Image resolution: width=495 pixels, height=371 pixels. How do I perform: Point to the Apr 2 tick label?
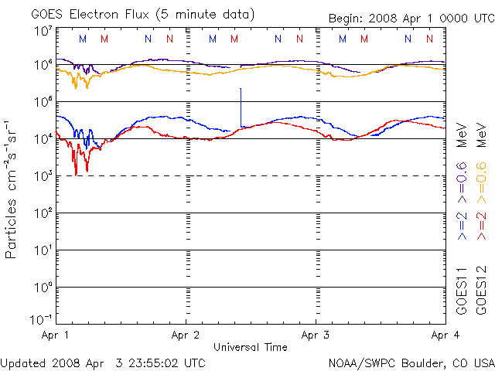click(186, 335)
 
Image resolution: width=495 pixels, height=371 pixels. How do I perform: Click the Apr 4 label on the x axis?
click(443, 335)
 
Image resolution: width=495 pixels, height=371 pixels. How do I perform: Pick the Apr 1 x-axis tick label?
click(55, 335)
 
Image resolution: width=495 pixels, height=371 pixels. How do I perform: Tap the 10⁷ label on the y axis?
click(43, 31)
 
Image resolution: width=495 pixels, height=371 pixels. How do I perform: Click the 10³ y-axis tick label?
click(43, 176)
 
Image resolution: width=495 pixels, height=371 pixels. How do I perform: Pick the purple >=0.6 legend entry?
click(462, 182)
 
